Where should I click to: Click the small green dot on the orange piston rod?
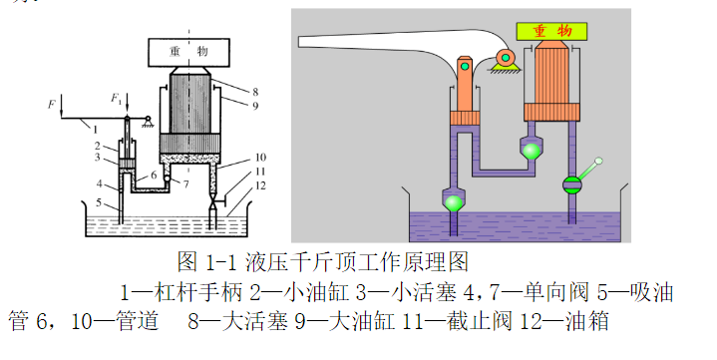pyautogui.click(x=466, y=66)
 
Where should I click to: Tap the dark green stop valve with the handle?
pyautogui.click(x=571, y=184)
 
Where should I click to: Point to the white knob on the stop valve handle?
pyautogui.click(x=599, y=161)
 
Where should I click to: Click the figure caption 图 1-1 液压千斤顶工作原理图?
pyautogui.click(x=322, y=263)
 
